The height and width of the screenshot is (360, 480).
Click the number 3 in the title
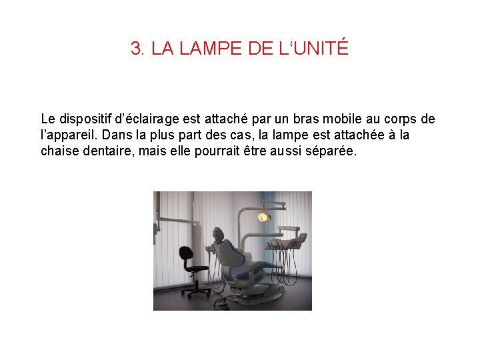(136, 49)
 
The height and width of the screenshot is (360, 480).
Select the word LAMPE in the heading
(199, 49)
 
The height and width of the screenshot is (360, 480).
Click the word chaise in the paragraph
(60, 151)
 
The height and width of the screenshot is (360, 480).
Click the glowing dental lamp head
(264, 216)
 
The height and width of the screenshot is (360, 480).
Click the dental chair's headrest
(218, 233)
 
